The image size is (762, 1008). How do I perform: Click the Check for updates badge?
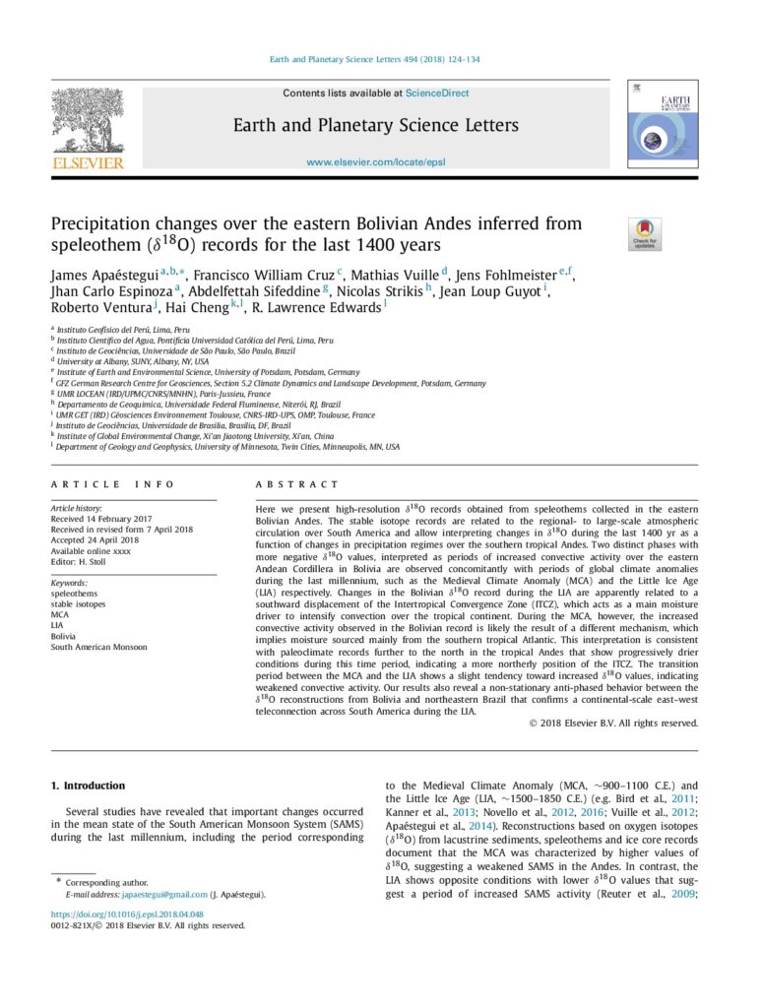pos(646,233)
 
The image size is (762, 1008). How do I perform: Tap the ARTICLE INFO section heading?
pos(112,484)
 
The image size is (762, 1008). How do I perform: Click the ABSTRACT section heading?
pos(296,484)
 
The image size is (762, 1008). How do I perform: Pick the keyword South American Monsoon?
pos(98,647)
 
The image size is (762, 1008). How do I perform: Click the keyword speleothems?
pos(74,594)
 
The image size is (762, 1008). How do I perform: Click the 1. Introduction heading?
pos(88,786)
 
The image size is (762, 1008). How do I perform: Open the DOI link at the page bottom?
pos(120,914)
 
